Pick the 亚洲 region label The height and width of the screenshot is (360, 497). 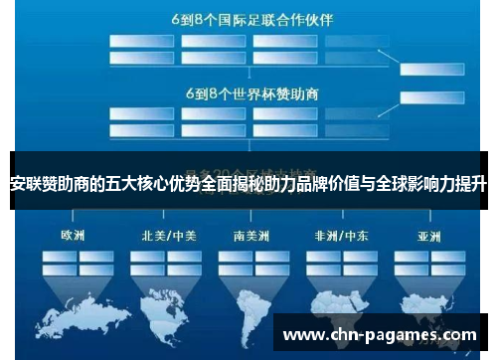(x=428, y=237)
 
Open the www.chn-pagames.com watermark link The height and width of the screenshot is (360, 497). (x=381, y=334)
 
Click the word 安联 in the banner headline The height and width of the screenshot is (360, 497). (x=25, y=183)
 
